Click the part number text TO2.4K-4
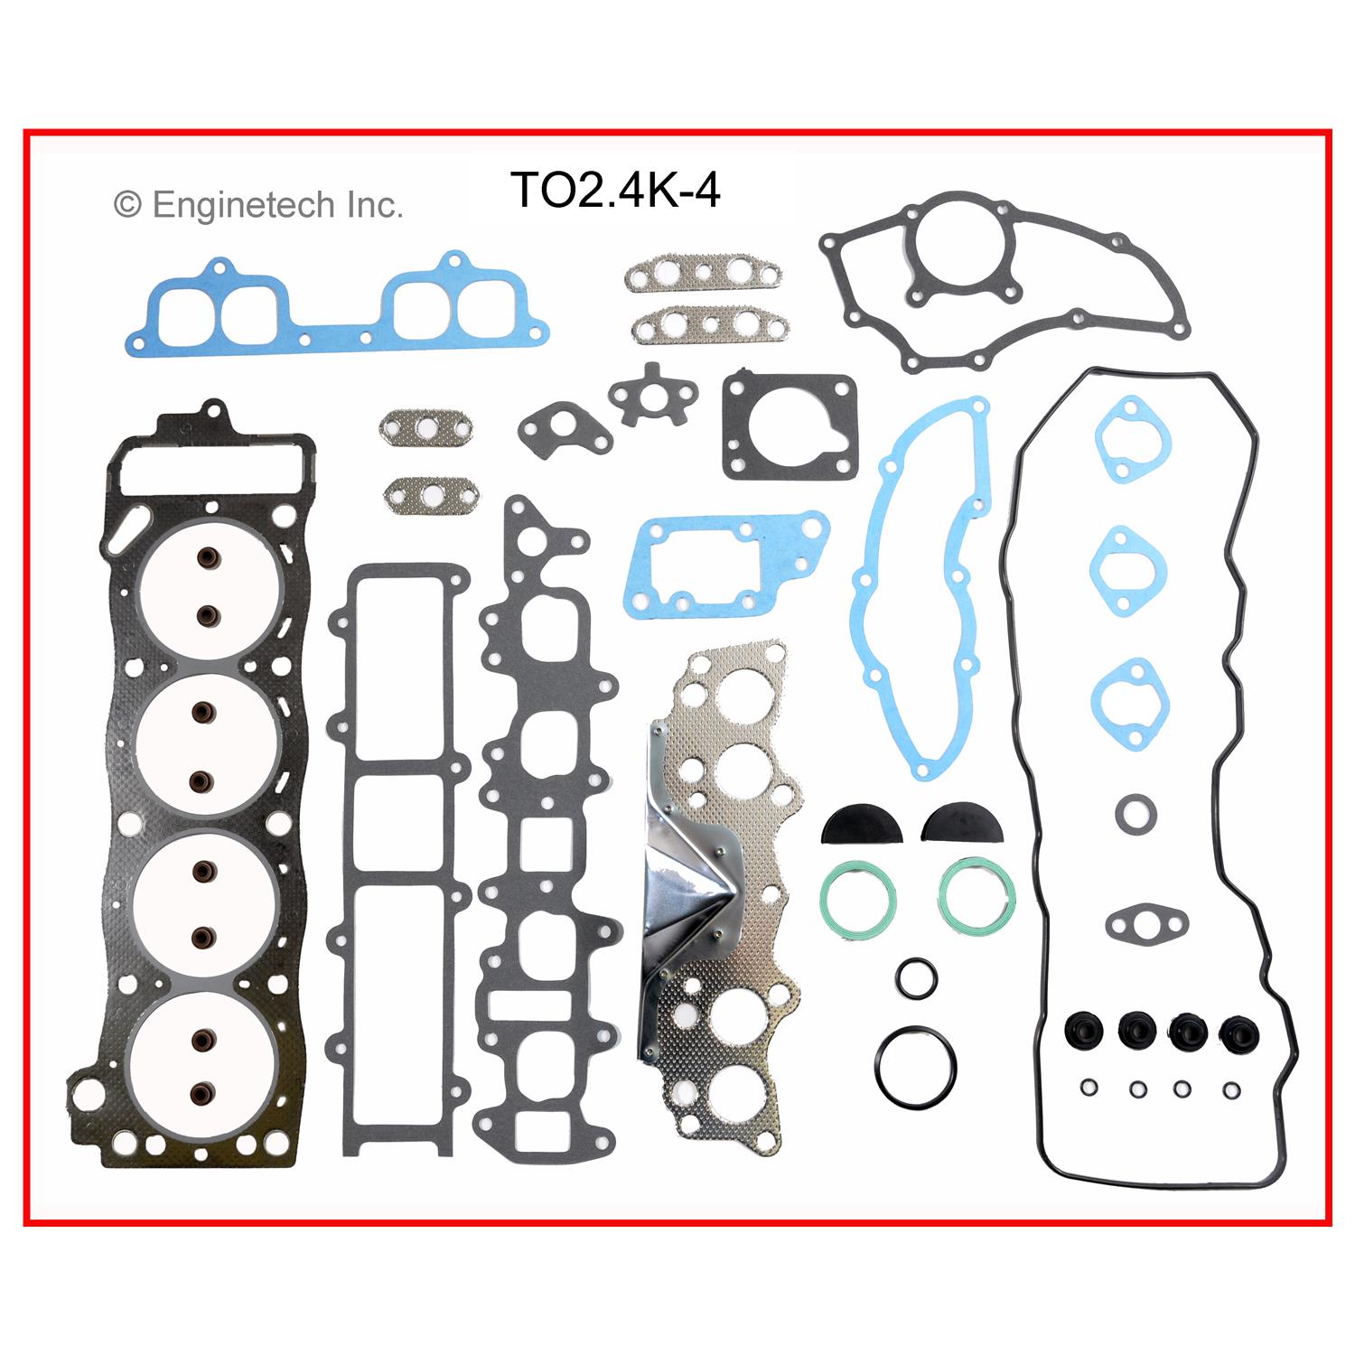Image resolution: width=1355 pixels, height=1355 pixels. (615, 191)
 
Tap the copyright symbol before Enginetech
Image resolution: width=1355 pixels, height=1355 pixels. (127, 205)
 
